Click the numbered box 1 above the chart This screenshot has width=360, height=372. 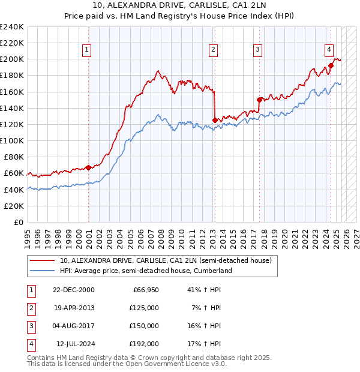pyautogui.click(x=87, y=50)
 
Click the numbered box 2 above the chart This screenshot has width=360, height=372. pyautogui.click(x=214, y=50)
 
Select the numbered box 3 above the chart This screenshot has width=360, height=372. pyautogui.click(x=257, y=50)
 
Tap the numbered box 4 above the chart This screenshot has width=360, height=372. pyautogui.click(x=329, y=50)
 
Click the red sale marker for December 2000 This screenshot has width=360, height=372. pyautogui.click(x=89, y=167)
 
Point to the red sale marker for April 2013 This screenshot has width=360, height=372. pyautogui.click(x=215, y=120)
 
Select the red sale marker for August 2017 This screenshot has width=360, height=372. pyautogui.click(x=259, y=100)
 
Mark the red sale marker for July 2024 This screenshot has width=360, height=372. pyautogui.click(x=331, y=66)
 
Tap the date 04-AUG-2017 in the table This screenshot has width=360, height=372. pyautogui.click(x=74, y=326)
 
